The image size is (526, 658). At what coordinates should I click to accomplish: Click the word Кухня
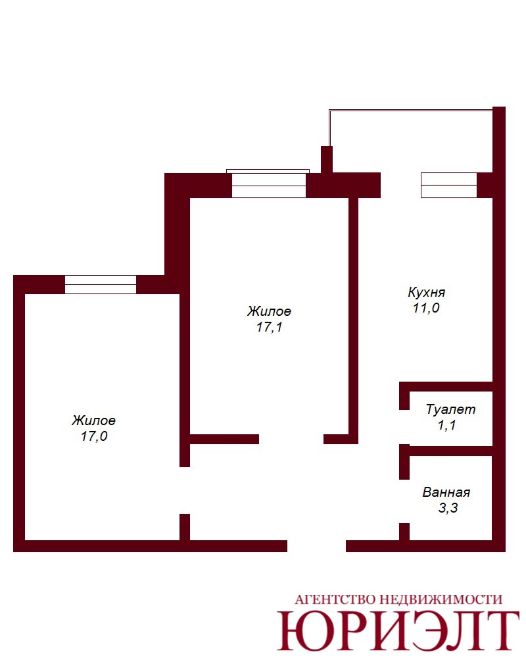[x=426, y=292]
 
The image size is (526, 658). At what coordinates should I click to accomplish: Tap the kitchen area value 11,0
[x=426, y=308]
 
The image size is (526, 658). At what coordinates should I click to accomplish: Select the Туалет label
[x=450, y=409]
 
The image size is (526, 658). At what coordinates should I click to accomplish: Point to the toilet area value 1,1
[x=446, y=425]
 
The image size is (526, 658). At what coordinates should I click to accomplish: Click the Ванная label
[x=446, y=492]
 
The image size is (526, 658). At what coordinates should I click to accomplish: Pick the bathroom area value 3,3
[x=448, y=508]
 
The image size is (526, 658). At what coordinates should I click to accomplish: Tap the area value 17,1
[x=270, y=327]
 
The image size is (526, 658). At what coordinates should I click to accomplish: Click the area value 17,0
[x=94, y=436]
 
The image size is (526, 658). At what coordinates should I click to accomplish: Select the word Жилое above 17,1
[x=269, y=311]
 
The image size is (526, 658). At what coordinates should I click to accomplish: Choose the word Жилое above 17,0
[x=93, y=420]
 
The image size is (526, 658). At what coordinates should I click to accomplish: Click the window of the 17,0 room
[x=101, y=284]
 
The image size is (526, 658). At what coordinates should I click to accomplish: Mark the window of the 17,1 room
[x=268, y=185]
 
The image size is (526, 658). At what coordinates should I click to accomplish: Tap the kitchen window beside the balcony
[x=449, y=185]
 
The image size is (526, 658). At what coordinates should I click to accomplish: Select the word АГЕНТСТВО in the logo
[x=334, y=599]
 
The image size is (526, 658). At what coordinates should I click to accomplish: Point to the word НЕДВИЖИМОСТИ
[x=441, y=599]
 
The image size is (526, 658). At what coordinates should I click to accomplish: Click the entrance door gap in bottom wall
[x=316, y=546]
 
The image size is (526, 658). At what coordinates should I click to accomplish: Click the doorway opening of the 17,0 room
[x=185, y=491]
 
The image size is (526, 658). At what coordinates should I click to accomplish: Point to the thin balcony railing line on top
[x=410, y=111]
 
